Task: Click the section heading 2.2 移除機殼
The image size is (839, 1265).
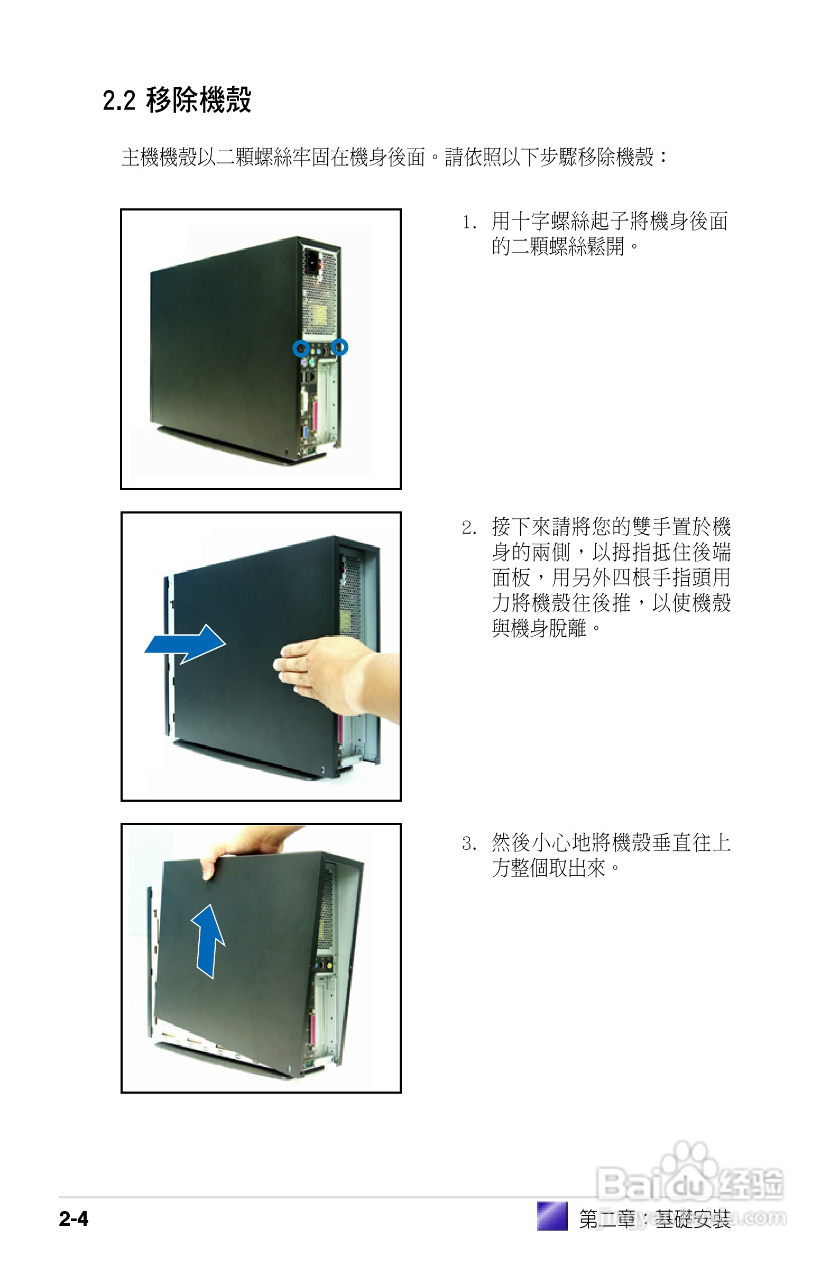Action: (177, 100)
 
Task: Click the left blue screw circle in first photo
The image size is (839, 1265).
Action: (301, 349)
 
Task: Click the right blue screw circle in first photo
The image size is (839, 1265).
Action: (339, 347)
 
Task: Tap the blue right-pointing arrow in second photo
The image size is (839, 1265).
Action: (185, 644)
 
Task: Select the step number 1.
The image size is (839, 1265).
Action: (469, 223)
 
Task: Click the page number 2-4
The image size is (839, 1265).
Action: (74, 1218)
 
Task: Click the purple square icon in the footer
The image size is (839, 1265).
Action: (551, 1216)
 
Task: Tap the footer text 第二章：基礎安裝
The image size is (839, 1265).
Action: (654, 1219)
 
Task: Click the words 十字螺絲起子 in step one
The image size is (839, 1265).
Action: (560, 222)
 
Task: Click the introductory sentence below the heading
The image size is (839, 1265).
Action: (394, 157)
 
